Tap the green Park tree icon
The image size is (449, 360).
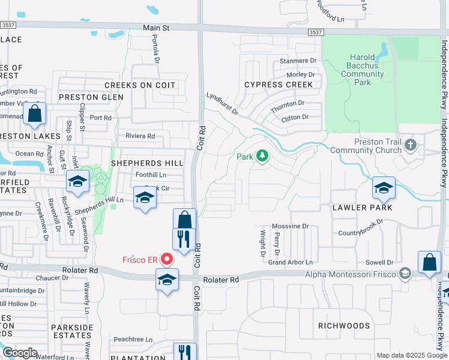[262, 157]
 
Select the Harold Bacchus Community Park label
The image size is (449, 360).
[362, 70]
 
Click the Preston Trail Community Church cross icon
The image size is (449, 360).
[411, 145]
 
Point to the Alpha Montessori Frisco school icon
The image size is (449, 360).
[405, 274]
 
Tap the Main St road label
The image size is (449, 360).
[157, 28]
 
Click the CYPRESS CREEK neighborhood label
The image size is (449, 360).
[279, 85]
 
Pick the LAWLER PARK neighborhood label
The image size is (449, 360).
[363, 208]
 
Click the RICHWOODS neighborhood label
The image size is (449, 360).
[344, 326]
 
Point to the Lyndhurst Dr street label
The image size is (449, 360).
[223, 103]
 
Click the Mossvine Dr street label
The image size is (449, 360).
[290, 226]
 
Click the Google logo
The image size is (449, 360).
[20, 353]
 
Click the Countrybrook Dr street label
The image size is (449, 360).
[361, 232]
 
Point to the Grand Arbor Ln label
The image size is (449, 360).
[292, 262]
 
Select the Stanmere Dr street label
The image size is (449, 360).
[298, 61]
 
